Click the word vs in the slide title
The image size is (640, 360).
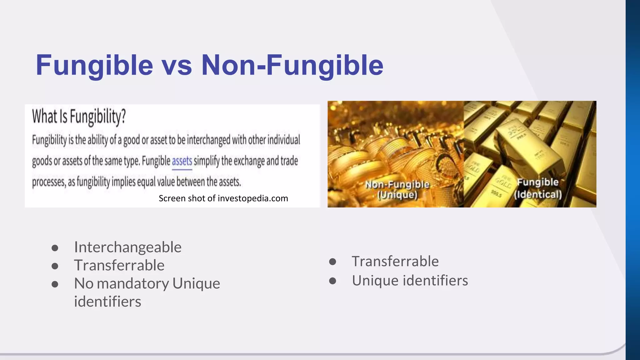pos(177,65)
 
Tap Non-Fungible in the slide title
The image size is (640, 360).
pos(292,65)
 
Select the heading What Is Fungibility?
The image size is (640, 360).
pos(79,116)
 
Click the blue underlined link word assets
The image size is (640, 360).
pos(182,161)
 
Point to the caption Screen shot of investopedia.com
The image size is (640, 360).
pos(223,198)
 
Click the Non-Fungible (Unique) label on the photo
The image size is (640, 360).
pos(397,189)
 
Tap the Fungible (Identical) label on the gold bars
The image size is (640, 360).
pos(538,188)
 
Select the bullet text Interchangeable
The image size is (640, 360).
pos(127,247)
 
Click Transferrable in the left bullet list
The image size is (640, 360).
pos(119,265)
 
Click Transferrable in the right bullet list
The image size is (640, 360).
pos(395,261)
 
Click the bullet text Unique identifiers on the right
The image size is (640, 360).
pos(410,280)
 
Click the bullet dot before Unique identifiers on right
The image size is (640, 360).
pos(332,281)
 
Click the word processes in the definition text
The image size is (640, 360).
pos(48,182)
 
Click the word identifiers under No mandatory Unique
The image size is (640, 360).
pos(107,302)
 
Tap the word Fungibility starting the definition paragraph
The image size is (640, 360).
pos(49,140)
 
